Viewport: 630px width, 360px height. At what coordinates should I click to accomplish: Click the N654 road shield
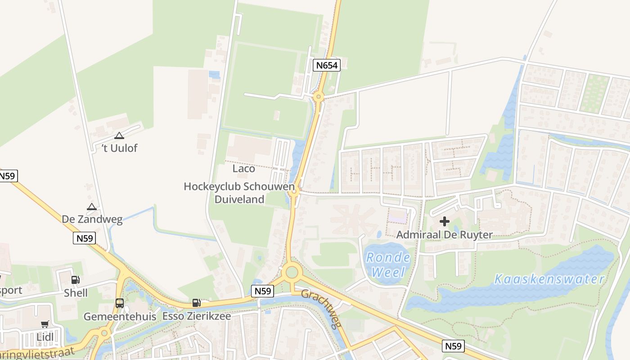click(326, 65)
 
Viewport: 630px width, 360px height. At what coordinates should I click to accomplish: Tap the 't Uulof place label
click(119, 148)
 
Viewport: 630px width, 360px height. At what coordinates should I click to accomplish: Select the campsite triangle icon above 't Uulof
click(119, 135)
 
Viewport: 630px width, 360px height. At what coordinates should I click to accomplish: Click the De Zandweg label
click(92, 219)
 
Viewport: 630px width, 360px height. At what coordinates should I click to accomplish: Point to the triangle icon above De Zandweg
click(92, 207)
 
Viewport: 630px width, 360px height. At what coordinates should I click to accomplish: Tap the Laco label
click(243, 169)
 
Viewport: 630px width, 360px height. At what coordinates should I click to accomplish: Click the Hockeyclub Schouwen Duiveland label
click(239, 193)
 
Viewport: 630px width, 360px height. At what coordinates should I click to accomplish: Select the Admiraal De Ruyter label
click(444, 234)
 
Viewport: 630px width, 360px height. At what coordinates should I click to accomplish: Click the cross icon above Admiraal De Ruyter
click(445, 221)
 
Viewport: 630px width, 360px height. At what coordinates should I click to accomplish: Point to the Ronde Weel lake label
click(387, 265)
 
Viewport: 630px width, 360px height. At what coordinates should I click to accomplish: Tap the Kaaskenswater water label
click(549, 279)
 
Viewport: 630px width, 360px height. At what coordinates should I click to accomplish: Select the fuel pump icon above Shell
click(76, 280)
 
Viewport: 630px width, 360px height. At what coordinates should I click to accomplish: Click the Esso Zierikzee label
click(196, 316)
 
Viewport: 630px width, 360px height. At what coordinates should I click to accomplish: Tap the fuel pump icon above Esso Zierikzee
click(196, 303)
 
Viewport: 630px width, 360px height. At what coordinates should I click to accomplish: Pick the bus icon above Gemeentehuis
click(120, 303)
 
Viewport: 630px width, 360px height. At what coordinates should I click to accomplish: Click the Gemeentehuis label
click(120, 316)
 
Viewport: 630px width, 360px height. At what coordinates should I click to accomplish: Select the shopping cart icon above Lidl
click(45, 324)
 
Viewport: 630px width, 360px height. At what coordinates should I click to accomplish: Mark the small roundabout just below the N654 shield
click(319, 96)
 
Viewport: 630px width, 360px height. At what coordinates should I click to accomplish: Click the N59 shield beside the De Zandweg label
click(84, 238)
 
